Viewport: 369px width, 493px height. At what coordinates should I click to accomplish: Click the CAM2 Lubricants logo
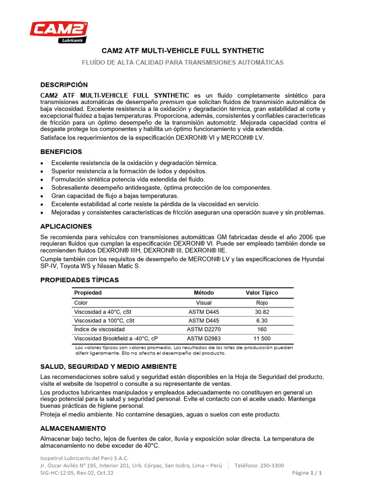click(59, 32)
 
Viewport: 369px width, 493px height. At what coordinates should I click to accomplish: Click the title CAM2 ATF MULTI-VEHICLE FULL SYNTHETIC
click(183, 51)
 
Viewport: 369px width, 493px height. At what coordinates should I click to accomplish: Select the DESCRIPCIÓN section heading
click(64, 85)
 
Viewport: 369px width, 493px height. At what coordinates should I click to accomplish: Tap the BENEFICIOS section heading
click(61, 152)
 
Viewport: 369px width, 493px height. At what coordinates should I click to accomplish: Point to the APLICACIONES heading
click(66, 226)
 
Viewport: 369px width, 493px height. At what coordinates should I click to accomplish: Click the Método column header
click(204, 293)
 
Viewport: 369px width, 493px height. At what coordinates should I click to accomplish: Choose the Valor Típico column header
click(262, 293)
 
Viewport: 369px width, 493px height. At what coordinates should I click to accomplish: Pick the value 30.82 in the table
click(262, 312)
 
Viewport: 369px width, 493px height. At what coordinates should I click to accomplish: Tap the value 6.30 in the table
click(262, 321)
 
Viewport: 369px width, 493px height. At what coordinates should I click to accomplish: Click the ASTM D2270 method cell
click(204, 329)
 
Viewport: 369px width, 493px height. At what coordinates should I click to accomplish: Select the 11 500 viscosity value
click(262, 338)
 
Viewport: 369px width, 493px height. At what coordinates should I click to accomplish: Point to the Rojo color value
click(262, 303)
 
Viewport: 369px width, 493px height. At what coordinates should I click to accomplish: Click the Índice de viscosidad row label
click(99, 329)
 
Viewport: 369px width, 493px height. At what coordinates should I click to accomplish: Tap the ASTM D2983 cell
click(204, 338)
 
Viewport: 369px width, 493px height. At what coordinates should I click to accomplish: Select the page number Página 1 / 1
click(307, 473)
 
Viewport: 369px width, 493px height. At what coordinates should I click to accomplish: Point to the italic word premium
click(171, 102)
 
